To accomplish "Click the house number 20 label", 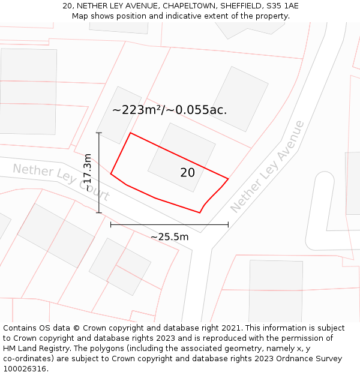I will [187, 173].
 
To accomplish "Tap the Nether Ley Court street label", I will [61, 182].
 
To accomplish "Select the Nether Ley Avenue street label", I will [268, 166].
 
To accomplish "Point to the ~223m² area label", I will [169, 110].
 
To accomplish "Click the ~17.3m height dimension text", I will [88, 173].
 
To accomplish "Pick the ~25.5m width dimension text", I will [169, 237].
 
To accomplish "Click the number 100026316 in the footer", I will [24, 369].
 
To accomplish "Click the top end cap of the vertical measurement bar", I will [99, 133].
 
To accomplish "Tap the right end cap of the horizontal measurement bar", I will [228, 225].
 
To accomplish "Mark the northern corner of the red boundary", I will [130, 133].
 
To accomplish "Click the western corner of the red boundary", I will [111, 174].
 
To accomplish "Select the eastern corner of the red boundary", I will [228, 178].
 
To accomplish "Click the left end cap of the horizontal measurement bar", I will [111, 225].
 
